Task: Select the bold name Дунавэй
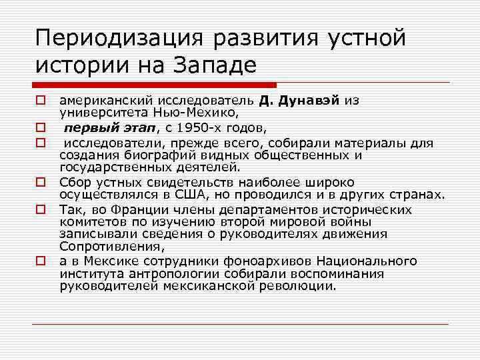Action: pos(309,100)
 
